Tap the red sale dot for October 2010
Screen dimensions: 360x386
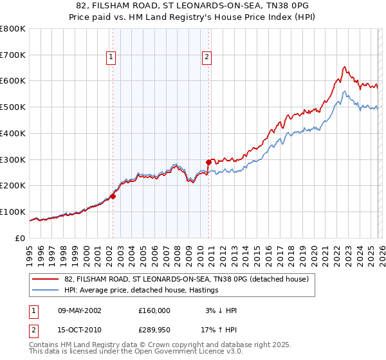coord(208,162)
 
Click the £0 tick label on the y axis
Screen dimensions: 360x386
coord(21,238)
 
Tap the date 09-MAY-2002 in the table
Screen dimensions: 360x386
coord(75,310)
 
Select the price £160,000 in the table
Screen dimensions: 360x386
coord(154,310)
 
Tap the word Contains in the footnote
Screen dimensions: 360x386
coord(44,346)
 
